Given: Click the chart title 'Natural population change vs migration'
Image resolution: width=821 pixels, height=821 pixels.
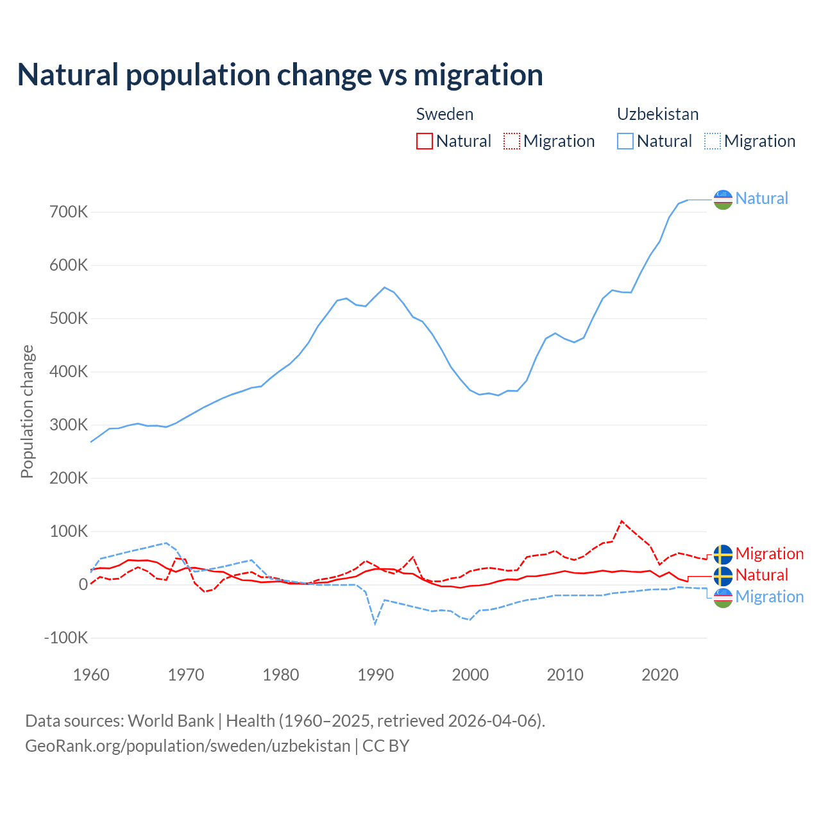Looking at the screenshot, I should point(280,75).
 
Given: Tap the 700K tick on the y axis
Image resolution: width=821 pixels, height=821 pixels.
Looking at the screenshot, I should point(69,212).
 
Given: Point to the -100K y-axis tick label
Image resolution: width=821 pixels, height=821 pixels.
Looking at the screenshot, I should point(66,638).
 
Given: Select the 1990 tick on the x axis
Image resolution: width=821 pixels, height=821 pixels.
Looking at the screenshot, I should point(376,675).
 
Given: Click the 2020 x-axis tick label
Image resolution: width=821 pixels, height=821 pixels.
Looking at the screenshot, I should point(660,675).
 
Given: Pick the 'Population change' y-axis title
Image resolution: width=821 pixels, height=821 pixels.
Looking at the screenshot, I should point(27,411).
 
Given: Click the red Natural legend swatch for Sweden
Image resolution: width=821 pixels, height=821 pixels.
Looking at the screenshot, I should point(425,141).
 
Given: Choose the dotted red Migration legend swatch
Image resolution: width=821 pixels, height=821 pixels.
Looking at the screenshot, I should point(512,141).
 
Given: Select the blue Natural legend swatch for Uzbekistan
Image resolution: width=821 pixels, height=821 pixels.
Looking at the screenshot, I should point(625,141).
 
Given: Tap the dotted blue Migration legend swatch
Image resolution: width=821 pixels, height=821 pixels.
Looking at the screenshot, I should point(713,141).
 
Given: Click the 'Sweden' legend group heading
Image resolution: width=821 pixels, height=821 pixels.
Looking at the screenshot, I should point(444,114).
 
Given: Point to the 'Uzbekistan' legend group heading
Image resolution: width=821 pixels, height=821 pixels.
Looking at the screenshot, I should point(657,114).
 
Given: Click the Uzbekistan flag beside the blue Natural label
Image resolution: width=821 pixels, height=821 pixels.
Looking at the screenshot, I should point(723,199).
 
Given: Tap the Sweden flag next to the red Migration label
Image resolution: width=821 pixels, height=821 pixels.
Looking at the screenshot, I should point(723,554).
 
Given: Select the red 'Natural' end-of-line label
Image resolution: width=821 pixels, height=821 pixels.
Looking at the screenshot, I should point(761,575).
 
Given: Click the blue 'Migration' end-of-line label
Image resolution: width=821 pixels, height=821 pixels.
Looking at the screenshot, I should point(769,597).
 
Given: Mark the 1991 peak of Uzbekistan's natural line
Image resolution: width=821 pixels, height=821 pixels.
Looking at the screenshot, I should point(385,287).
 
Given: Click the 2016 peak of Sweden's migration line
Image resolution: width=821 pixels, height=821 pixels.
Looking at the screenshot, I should point(622,521).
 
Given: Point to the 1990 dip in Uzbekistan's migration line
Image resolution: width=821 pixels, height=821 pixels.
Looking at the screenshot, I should point(375,623).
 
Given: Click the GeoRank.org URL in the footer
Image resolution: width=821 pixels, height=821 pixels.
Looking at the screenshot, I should point(187,746).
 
